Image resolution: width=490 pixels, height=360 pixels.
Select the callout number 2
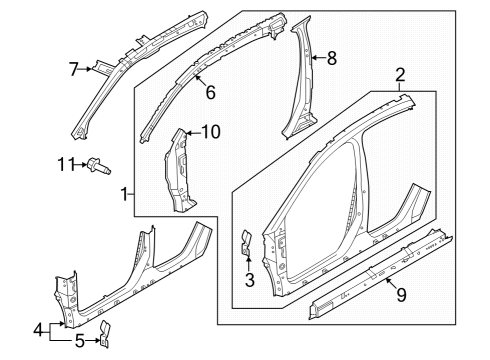tap(400, 74)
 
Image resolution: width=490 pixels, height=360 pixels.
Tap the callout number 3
tap(250, 281)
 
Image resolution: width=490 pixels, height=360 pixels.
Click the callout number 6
tap(210, 92)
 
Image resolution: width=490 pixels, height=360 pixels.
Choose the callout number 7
tap(73, 68)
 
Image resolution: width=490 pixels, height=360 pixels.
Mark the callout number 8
tap(331, 59)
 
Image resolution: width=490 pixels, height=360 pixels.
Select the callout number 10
tap(211, 131)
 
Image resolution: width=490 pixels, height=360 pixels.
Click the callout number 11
tap(65, 163)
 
